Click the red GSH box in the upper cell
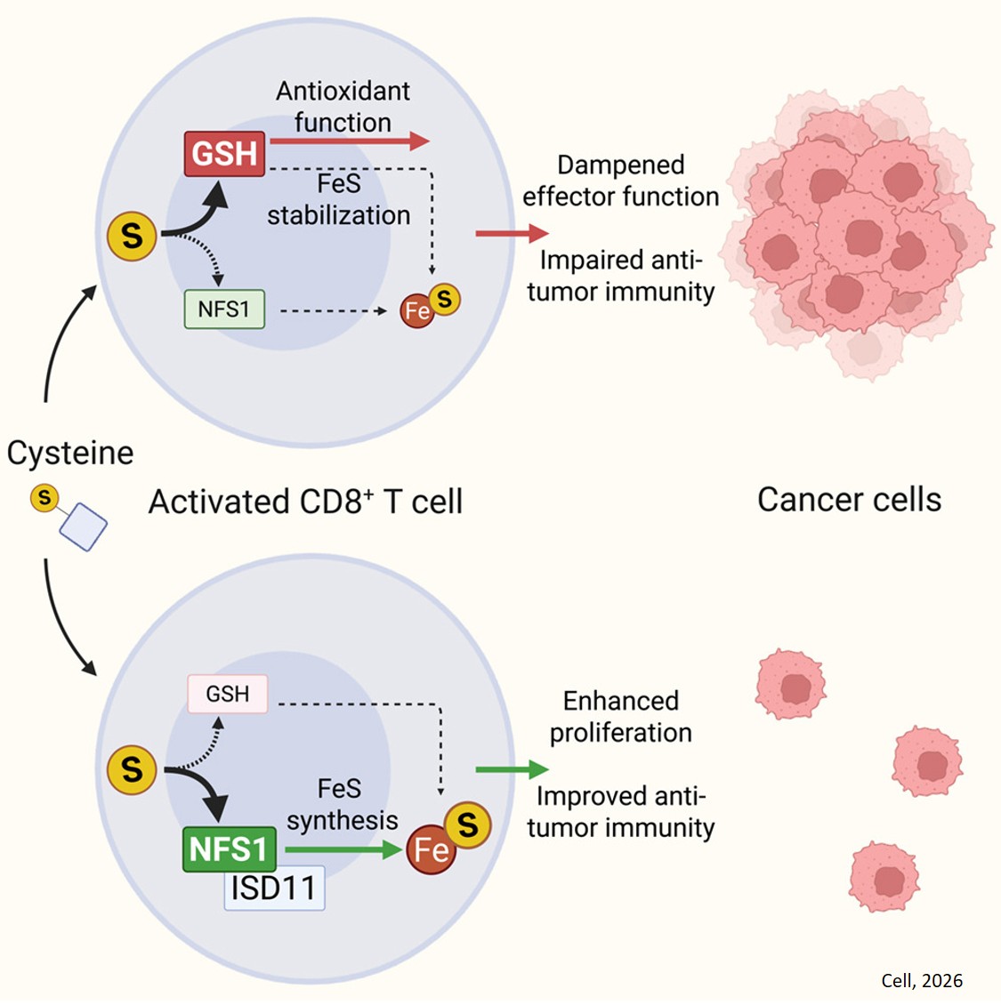click(x=224, y=154)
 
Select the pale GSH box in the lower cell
click(x=227, y=694)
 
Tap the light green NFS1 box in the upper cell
click(x=224, y=310)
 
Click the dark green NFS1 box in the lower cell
click(x=229, y=848)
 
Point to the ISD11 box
click(x=274, y=888)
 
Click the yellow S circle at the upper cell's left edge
click(x=132, y=236)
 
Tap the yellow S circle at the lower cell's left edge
click(x=132, y=769)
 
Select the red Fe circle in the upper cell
click(x=416, y=311)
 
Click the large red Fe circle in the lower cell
click(x=431, y=850)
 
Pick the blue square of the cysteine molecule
click(x=84, y=527)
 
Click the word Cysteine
click(x=70, y=453)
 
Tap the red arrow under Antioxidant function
click(x=349, y=141)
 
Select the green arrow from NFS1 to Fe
click(x=343, y=850)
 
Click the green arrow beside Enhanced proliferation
click(x=512, y=769)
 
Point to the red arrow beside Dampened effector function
click(x=512, y=234)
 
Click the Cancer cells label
click(x=849, y=500)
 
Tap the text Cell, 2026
click(x=922, y=980)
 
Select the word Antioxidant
click(x=343, y=91)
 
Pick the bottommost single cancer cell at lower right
click(x=884, y=878)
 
